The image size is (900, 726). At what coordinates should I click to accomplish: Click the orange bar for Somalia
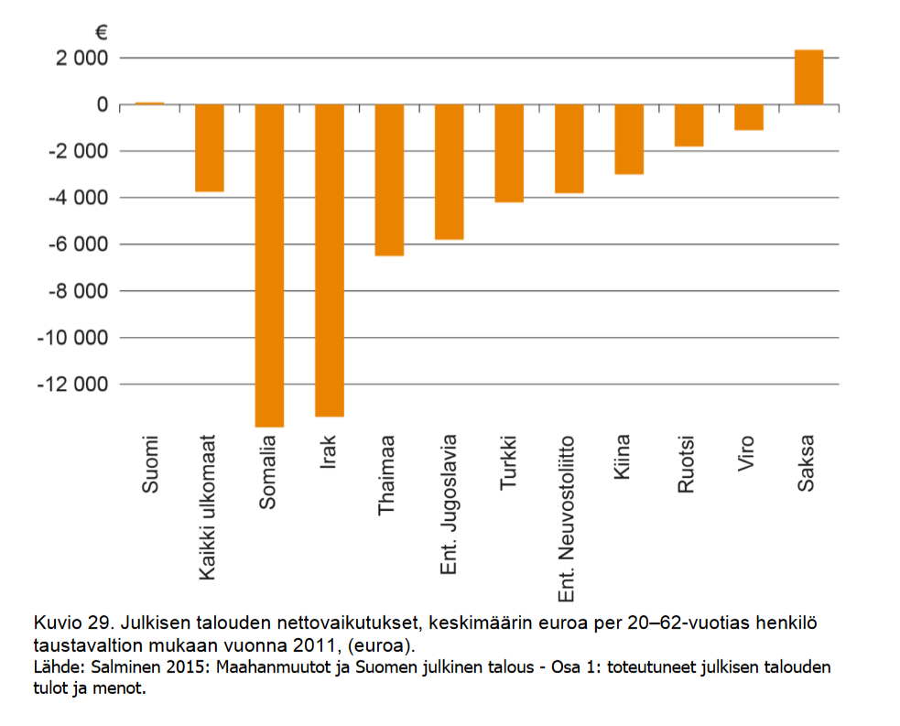269,265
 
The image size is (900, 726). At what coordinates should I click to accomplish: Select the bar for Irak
330,261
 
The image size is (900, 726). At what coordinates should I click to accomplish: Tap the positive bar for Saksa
808,77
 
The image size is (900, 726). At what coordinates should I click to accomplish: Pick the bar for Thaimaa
389,180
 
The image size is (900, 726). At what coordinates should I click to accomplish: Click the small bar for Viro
749,117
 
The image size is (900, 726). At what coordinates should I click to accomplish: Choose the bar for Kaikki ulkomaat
210,148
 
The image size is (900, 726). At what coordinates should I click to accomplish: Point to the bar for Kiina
629,139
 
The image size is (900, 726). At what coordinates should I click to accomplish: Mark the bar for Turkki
509,153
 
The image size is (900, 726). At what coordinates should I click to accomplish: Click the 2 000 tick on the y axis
81,58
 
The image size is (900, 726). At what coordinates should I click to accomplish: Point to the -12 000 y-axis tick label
72,384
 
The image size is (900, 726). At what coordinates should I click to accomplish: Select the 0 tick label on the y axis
103,104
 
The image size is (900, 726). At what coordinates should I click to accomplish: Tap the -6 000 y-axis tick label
78,244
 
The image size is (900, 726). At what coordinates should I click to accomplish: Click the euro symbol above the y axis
102,32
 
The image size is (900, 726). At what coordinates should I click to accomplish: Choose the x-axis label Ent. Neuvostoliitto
566,519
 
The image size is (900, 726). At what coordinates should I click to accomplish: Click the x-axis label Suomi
150,464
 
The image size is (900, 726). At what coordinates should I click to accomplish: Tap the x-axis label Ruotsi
686,464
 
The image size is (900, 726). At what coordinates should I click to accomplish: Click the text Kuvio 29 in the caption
74,623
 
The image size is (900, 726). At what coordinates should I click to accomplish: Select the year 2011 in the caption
314,645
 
